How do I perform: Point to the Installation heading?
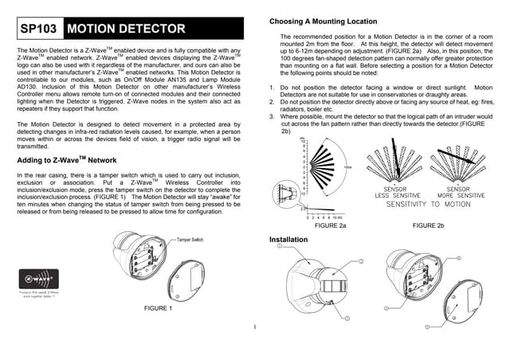(x=288, y=239)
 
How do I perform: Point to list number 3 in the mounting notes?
(x=273, y=116)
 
